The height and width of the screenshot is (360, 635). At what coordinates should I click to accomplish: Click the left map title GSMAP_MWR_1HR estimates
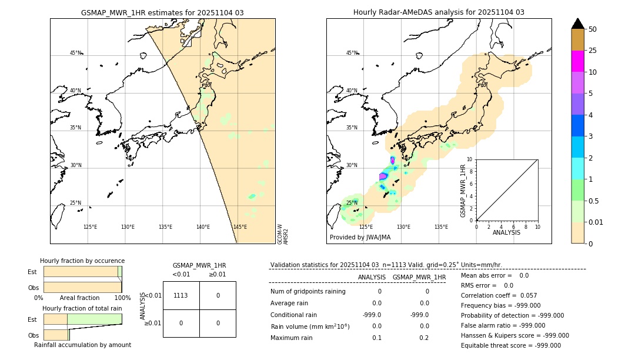[162, 12]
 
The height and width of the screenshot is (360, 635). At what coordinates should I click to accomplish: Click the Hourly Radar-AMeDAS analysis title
[439, 12]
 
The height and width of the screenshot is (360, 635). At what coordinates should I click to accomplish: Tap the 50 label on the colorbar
[593, 29]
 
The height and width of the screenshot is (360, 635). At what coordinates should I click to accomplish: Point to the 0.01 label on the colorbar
[596, 222]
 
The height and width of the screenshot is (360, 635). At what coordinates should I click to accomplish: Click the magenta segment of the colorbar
[577, 61]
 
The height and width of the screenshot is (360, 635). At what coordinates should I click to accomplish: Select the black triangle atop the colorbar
[577, 24]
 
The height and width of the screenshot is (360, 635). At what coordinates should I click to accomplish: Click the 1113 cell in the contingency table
[181, 295]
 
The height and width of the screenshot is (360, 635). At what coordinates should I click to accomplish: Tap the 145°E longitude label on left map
[240, 227]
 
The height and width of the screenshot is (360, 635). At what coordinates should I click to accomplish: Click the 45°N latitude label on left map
[75, 53]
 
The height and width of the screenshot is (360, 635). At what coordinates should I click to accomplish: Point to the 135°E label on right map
[441, 227]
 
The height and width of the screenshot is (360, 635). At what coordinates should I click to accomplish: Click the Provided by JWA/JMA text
[360, 238]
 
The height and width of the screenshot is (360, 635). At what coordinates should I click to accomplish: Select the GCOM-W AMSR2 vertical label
[283, 234]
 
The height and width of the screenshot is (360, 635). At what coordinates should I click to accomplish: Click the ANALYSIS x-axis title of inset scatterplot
[506, 232]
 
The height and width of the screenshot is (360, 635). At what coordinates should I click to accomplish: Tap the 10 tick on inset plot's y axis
[469, 159]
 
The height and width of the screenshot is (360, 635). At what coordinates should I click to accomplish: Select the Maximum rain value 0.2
[427, 338]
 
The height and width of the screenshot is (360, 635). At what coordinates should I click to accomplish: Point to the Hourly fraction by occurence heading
[82, 261]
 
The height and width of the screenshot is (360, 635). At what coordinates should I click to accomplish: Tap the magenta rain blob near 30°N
[383, 176]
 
